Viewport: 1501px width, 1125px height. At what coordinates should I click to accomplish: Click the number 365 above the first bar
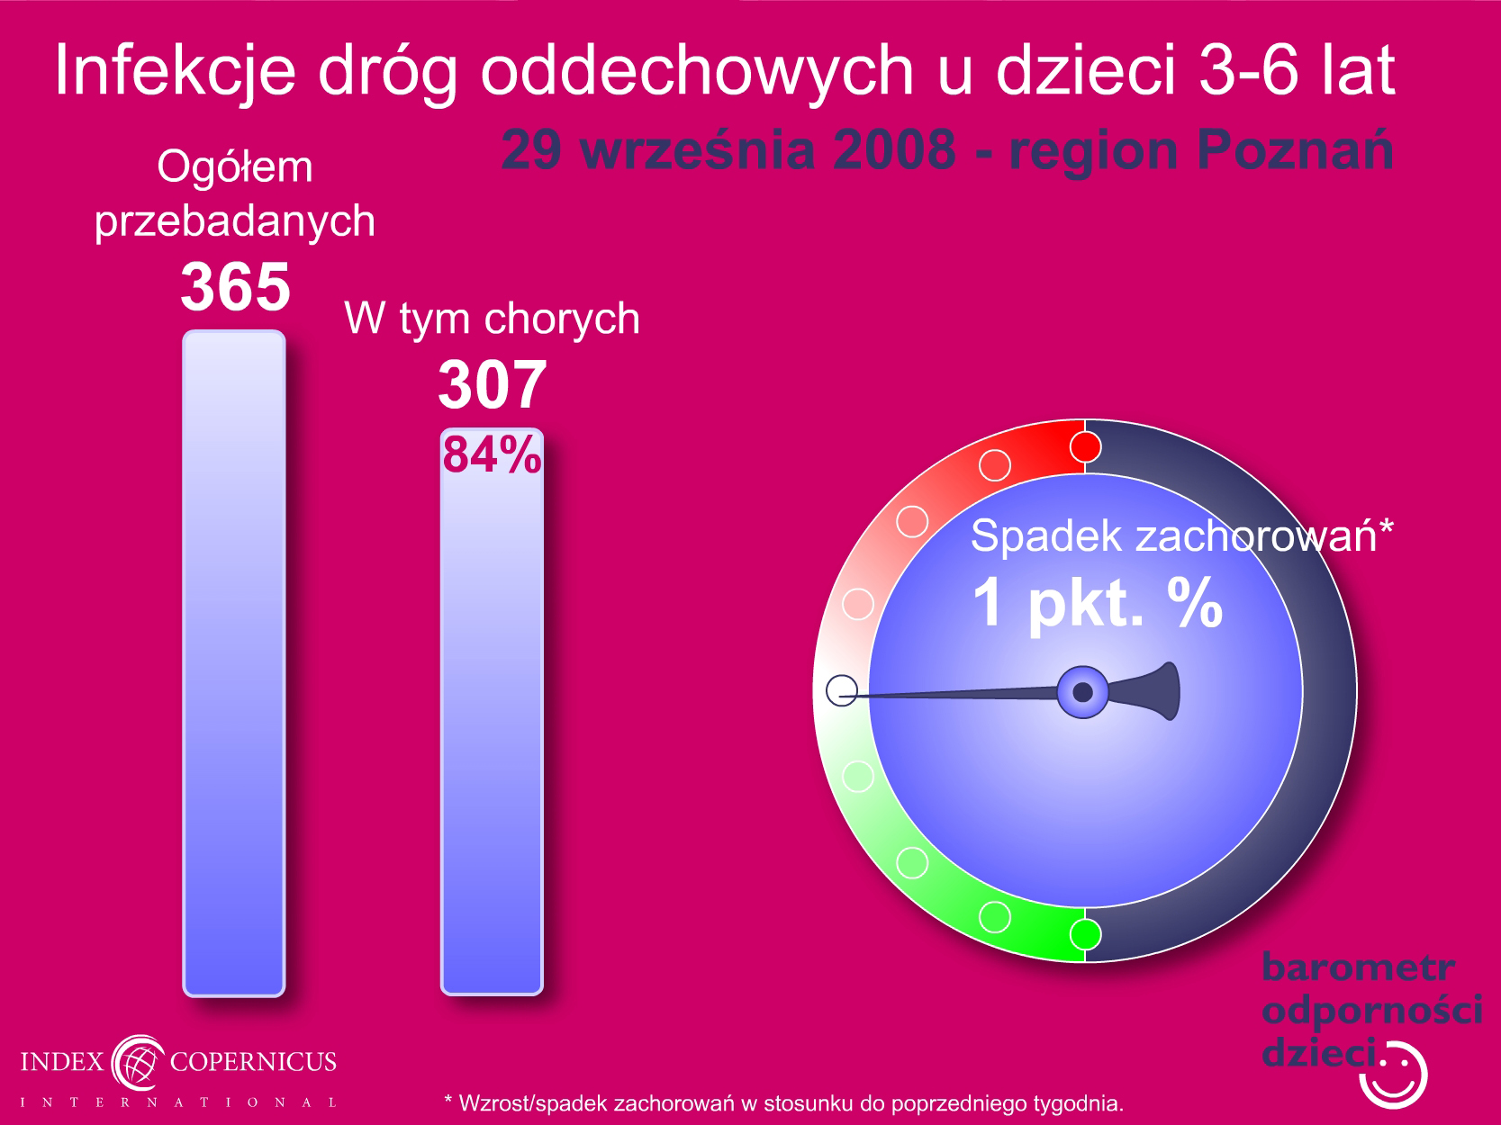[x=235, y=287]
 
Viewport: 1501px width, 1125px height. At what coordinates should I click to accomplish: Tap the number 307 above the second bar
[x=493, y=385]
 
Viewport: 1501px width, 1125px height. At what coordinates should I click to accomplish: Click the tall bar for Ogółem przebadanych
[x=234, y=663]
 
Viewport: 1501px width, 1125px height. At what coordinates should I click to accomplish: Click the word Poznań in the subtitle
[x=1295, y=149]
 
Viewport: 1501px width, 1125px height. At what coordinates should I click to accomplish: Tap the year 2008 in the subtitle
[x=894, y=149]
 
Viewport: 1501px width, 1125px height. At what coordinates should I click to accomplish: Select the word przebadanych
[x=234, y=222]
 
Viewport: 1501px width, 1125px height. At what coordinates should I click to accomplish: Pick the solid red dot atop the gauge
[x=1085, y=447]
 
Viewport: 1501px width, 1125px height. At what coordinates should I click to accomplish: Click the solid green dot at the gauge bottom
[x=1085, y=934]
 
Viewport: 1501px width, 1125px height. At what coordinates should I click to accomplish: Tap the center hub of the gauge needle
[x=1082, y=692]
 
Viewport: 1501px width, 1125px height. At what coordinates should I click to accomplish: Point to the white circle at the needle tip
[x=842, y=690]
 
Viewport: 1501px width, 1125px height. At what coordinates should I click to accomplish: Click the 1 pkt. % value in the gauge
[x=1097, y=603]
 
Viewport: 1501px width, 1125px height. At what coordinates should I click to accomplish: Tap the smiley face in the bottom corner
[x=1394, y=1075]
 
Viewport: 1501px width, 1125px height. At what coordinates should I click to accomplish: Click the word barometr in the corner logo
[x=1359, y=967]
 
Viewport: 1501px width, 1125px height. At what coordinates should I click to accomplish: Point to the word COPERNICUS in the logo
[x=253, y=1062]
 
